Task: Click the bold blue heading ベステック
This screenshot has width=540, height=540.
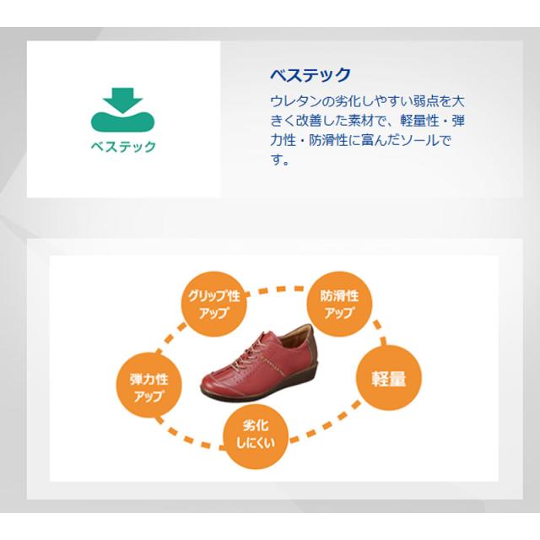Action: click(x=310, y=74)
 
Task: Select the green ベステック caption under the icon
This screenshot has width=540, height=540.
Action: click(x=124, y=146)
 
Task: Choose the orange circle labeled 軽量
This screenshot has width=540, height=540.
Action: click(x=390, y=377)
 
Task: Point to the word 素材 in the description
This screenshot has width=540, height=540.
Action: click(x=365, y=120)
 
